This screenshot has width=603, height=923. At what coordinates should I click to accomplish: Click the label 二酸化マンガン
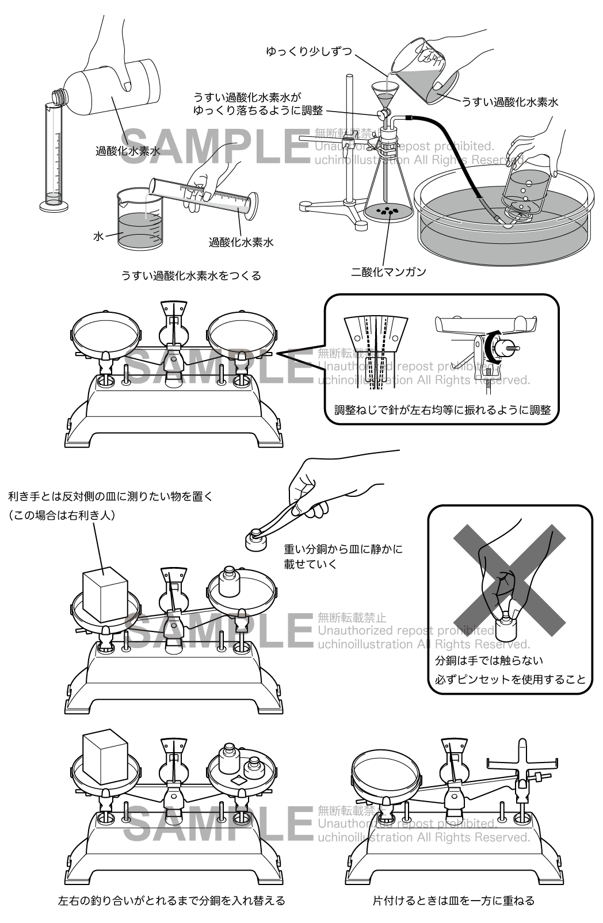pyautogui.click(x=388, y=272)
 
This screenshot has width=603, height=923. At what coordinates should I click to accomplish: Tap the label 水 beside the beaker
pyautogui.click(x=98, y=236)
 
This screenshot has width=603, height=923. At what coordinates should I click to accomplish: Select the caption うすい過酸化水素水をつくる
pyautogui.click(x=191, y=275)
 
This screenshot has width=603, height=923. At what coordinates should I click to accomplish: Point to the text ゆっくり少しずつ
pyautogui.click(x=309, y=52)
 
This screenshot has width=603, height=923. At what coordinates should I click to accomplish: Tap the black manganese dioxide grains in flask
pyautogui.click(x=387, y=210)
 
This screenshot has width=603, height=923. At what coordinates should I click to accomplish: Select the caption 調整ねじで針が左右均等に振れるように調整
pyautogui.click(x=442, y=410)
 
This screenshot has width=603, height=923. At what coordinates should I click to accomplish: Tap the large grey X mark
pyautogui.click(x=509, y=580)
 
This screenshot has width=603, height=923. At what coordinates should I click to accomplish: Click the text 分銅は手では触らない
pyautogui.click(x=489, y=661)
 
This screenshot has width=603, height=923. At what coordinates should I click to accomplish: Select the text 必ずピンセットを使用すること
pyautogui.click(x=510, y=680)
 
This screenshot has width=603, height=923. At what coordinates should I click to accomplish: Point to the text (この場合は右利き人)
pyautogui.click(x=62, y=515)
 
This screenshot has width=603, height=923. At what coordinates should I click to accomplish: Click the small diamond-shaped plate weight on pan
pyautogui.click(x=239, y=780)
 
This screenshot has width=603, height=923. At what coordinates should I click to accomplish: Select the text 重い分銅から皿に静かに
pyautogui.click(x=344, y=549)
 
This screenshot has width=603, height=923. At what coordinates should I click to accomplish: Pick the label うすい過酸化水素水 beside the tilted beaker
pyautogui.click(x=509, y=102)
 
